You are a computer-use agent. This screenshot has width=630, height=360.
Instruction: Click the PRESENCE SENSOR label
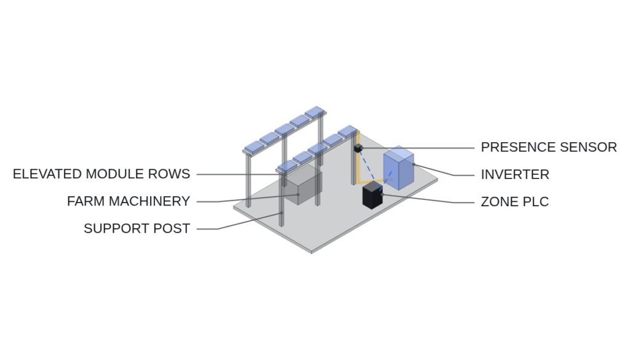coord(549,147)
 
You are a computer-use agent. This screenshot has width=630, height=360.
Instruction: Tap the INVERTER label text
coord(515,174)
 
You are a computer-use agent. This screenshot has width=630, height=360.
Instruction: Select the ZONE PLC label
coord(515,202)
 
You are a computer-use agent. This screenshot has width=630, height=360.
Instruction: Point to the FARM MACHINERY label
coord(129,201)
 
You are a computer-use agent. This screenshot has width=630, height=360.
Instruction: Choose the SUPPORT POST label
coord(137,228)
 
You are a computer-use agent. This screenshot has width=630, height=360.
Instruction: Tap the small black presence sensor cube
coord(359,148)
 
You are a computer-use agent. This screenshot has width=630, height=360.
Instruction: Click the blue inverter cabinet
coord(398,167)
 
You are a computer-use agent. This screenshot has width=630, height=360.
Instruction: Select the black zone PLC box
coord(373,195)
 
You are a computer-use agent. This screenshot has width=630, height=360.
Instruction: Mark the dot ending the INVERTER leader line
coord(413,164)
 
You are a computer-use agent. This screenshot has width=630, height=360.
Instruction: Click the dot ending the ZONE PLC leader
coord(382,194)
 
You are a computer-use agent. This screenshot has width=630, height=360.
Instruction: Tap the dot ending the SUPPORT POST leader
coord(282,212)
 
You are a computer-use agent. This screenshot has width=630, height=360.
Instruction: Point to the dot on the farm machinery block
coord(298,194)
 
